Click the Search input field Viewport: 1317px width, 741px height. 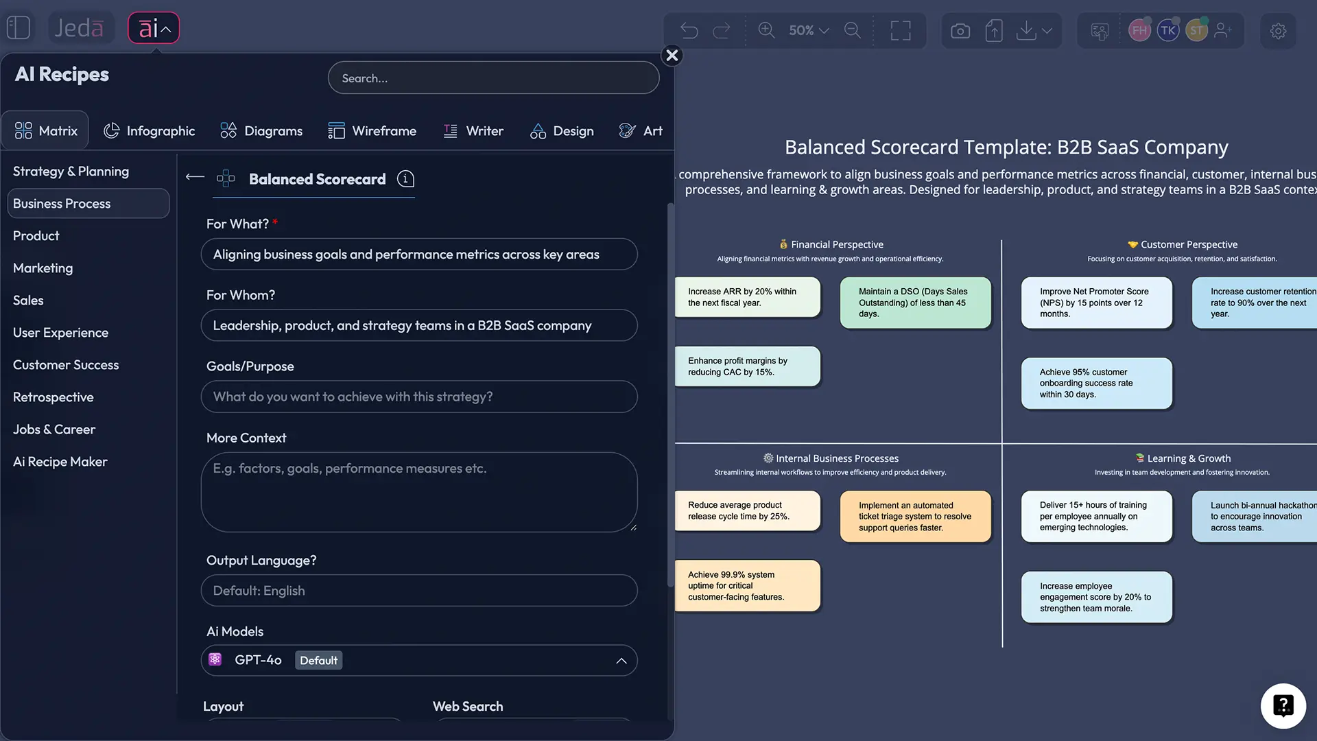[x=493, y=78]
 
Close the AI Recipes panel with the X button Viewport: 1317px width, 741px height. [x=672, y=56]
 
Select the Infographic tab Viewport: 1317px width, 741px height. [x=149, y=130]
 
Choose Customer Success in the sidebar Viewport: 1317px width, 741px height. [x=66, y=365]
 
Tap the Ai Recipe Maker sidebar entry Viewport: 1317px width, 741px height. [x=60, y=462]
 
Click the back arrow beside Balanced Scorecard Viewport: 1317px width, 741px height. [x=195, y=177]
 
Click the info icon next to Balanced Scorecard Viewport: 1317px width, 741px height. [x=406, y=179]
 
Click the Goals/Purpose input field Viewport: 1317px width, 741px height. [x=418, y=397]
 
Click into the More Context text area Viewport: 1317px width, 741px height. [x=418, y=492]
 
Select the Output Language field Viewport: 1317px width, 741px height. [x=418, y=591]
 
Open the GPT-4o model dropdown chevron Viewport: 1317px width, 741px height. [x=621, y=661]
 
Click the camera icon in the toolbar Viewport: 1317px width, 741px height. [x=960, y=31]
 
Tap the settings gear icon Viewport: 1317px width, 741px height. [x=1278, y=31]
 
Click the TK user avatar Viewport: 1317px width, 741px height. [x=1168, y=31]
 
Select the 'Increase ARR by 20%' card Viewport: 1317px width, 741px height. [x=748, y=297]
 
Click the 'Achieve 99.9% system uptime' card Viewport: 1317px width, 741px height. [x=748, y=586]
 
